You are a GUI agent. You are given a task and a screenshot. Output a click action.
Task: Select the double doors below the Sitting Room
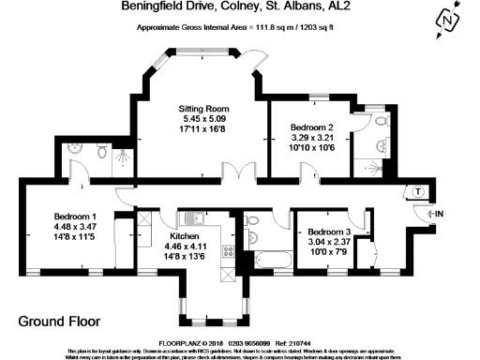click(x=247, y=173)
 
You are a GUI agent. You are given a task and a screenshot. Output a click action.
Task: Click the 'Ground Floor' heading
click(x=58, y=321)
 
